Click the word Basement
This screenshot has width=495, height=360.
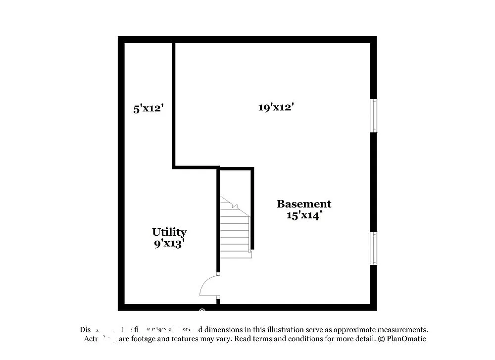click(304, 204)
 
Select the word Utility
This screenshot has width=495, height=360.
click(169, 232)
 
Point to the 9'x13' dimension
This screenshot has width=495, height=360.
click(169, 243)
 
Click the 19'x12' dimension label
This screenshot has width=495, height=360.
click(276, 107)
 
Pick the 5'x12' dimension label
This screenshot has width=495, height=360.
click(148, 108)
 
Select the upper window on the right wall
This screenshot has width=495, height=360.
click(375, 115)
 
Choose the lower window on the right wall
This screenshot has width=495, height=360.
click(375, 248)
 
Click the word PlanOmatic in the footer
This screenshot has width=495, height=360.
click(406, 339)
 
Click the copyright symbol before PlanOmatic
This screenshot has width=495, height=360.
click(381, 339)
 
